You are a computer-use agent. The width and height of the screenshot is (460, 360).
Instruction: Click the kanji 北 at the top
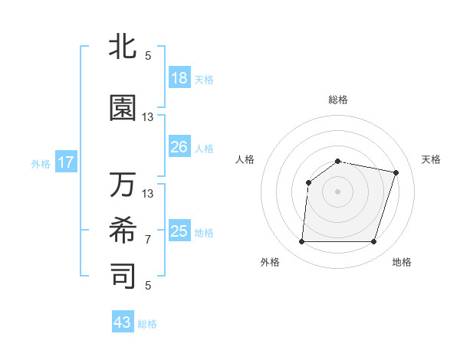tap(123, 46)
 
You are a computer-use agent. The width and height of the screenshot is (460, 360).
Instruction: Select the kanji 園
tap(123, 109)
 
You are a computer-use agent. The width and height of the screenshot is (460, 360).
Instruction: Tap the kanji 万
tap(123, 185)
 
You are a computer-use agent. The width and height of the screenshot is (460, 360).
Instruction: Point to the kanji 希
tap(123, 230)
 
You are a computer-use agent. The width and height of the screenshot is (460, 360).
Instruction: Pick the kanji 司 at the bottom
tap(123, 276)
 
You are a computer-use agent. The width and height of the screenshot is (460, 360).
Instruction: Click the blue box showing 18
tap(179, 78)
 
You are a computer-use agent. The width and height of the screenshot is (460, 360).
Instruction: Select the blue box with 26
tap(179, 146)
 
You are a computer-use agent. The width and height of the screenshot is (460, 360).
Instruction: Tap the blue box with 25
tap(179, 231)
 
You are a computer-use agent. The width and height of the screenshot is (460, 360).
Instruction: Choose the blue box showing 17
tap(65, 162)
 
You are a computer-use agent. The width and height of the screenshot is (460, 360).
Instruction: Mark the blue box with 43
tap(123, 322)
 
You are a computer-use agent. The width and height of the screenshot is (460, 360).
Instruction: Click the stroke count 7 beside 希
tap(148, 240)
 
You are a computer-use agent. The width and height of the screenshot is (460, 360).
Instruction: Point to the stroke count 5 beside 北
tap(148, 55)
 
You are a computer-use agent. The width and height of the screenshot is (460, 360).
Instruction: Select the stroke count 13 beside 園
tap(148, 117)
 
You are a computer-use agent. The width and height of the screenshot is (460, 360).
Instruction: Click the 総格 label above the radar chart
tap(338, 100)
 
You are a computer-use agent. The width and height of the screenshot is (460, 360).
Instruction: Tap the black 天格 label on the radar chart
tap(431, 159)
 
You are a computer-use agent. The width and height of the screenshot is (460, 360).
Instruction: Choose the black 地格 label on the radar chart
tap(402, 262)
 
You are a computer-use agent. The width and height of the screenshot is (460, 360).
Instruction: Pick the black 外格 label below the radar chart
tap(270, 262)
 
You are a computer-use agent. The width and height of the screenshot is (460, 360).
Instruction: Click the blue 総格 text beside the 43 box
tap(147, 324)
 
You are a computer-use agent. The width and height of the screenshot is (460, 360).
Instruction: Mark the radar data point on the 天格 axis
tap(396, 172)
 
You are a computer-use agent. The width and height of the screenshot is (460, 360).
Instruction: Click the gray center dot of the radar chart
tap(337, 191)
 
